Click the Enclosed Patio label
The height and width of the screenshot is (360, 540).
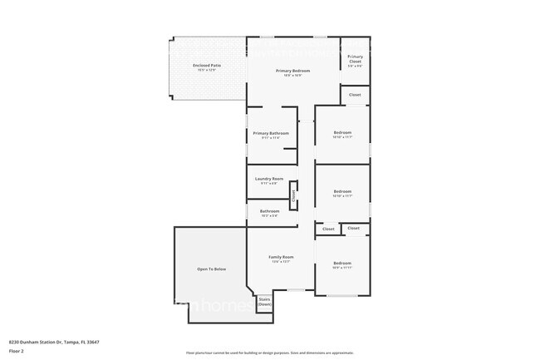[x=207, y=65]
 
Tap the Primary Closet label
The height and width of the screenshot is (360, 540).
[x=355, y=58]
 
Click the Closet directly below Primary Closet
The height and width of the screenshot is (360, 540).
[x=355, y=95]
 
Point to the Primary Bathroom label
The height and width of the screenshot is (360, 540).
[x=271, y=133]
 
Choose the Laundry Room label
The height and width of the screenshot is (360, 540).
[x=269, y=179]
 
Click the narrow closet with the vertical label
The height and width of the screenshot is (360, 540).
[x=293, y=196]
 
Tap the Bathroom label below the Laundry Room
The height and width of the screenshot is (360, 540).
[x=269, y=211]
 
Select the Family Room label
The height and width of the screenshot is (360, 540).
[x=281, y=257]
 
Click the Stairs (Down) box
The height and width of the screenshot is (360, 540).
[x=264, y=302]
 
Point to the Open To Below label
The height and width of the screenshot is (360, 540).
[x=211, y=269]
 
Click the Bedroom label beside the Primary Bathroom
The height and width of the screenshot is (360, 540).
[x=342, y=133]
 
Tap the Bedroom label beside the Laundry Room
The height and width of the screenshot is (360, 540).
[x=342, y=191]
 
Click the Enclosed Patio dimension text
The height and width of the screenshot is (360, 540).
[x=207, y=70]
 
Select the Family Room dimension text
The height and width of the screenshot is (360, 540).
[x=281, y=262]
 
